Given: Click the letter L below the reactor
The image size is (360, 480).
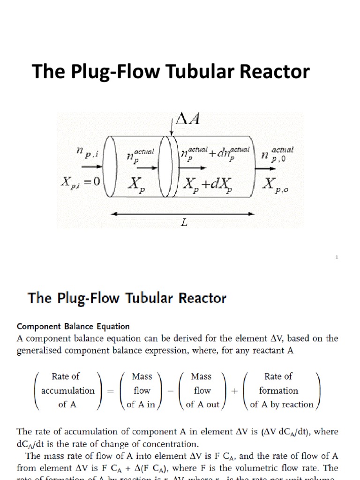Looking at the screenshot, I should tap(184, 224).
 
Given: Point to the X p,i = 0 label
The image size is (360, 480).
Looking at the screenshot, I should tap(80, 181).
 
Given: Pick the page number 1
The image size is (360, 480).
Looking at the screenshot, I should tap(337, 257).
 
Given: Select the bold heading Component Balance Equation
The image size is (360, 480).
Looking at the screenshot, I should tap(73, 326).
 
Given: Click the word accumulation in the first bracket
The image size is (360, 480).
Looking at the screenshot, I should tap(68, 390).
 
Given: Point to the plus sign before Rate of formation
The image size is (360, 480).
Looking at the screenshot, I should tap(233, 390).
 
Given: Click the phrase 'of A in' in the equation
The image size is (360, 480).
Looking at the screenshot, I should tap(141, 405).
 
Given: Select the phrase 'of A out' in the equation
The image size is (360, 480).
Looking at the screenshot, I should tap(202, 405).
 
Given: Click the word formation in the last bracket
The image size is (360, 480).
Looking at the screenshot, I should tap(278, 390).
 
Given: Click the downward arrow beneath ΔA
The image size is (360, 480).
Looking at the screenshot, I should tap(173, 128).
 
